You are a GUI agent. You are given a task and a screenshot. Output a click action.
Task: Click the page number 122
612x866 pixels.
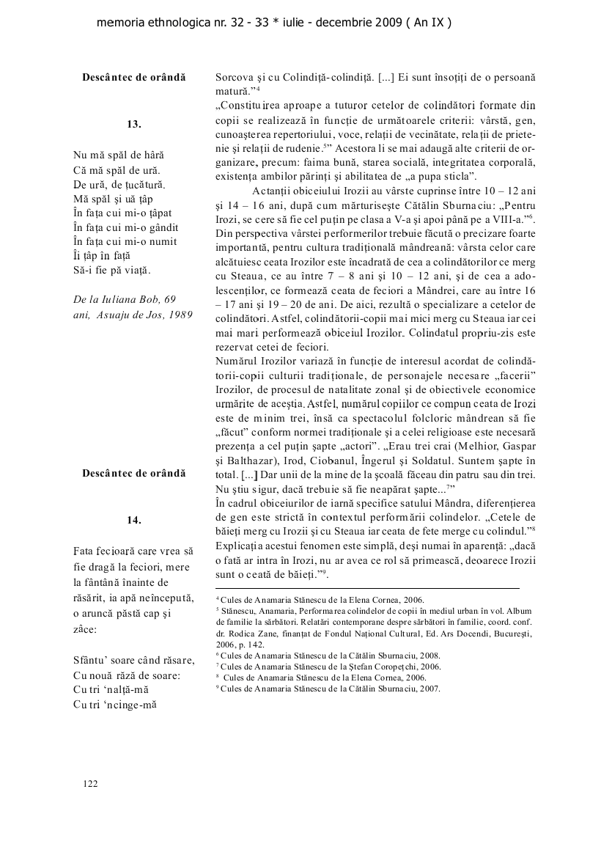pyautogui.click(x=91, y=784)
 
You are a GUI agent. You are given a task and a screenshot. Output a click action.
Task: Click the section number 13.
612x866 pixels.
pyautogui.click(x=134, y=125)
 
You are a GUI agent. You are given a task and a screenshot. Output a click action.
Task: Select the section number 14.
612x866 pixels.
pyautogui.click(x=134, y=520)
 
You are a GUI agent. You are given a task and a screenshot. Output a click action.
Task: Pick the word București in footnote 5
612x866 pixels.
pyautogui.click(x=512, y=633)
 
